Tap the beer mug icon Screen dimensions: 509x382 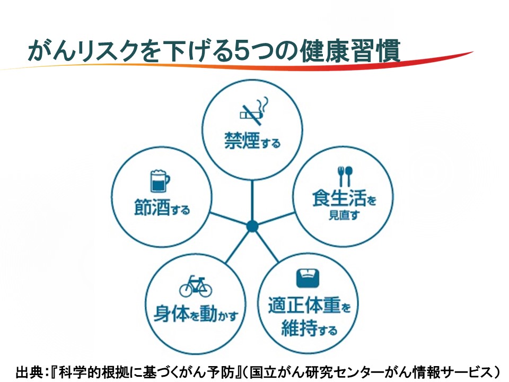(160, 180)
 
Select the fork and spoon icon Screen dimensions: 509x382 (345, 176)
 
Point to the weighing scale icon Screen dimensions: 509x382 (308, 278)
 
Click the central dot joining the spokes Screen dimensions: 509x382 (252, 226)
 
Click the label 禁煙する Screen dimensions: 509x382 (252, 141)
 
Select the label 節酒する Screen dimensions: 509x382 (162, 207)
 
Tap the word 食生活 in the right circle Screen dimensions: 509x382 (339, 197)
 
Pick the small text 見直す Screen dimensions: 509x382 (344, 215)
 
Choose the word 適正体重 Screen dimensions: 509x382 (304, 305)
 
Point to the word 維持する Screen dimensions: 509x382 (309, 328)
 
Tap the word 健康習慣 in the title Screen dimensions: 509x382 (350, 51)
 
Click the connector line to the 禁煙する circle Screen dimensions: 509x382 (252, 201)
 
